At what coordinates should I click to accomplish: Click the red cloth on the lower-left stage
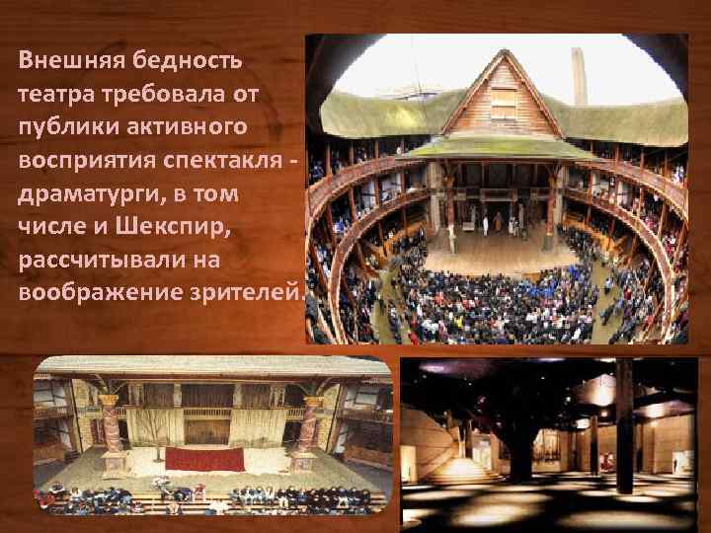pyautogui.click(x=203, y=459)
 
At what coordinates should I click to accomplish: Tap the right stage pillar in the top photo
pyautogui.click(x=550, y=202)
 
